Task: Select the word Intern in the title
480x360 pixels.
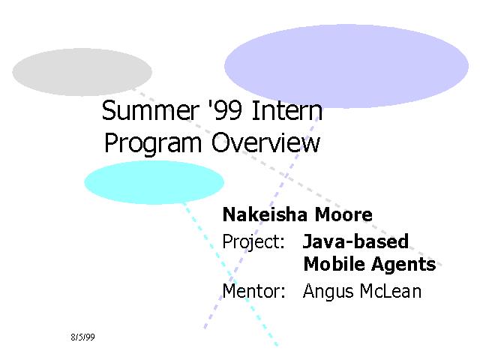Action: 286,110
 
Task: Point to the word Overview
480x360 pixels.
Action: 265,142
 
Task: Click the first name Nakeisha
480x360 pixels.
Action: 265,214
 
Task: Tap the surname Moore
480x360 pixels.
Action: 343,214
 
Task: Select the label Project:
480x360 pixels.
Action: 253,242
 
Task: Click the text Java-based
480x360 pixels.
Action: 355,241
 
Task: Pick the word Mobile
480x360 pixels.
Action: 334,263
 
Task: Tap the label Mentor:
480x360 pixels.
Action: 253,291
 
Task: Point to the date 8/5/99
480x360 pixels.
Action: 82,337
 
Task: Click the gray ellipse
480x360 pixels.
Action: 82,72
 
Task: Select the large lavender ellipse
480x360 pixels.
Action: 346,66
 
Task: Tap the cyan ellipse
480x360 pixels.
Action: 154,182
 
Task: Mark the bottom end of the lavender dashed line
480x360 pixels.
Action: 205,328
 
